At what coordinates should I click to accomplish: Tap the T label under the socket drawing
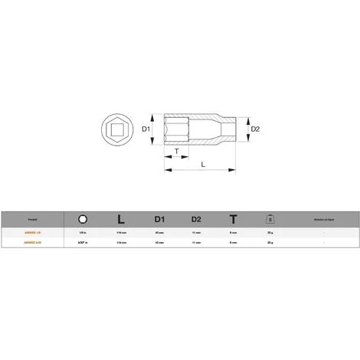click(x=177, y=152)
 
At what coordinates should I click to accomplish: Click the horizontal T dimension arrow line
click(x=177, y=159)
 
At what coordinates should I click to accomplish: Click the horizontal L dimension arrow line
click(x=202, y=170)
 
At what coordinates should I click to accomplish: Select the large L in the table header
click(x=120, y=217)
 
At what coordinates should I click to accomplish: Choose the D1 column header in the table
click(x=159, y=217)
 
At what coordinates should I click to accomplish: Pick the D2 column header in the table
click(x=196, y=217)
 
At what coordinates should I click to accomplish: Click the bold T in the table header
click(x=233, y=217)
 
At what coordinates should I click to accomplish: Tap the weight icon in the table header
click(x=270, y=217)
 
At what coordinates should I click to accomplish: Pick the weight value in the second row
click(x=270, y=241)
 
